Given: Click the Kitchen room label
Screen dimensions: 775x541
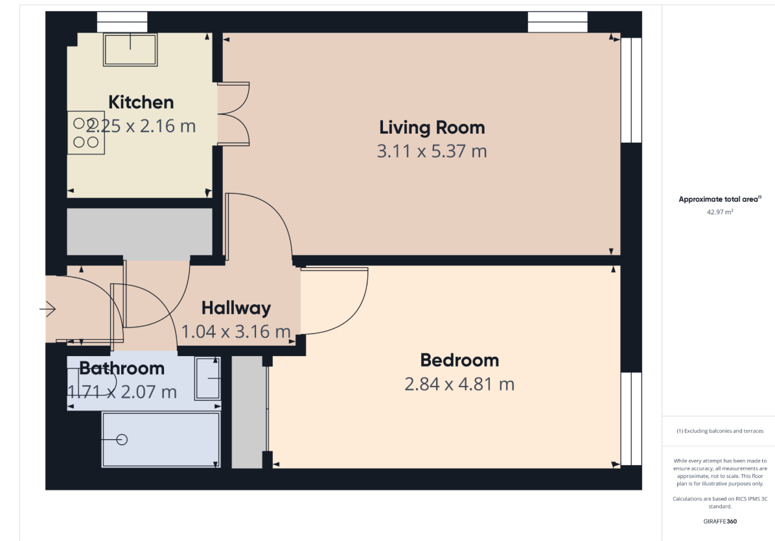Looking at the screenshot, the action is click(x=141, y=102).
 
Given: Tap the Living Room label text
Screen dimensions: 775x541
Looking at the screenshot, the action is click(x=432, y=128).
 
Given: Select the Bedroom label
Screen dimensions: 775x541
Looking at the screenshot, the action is click(x=459, y=360).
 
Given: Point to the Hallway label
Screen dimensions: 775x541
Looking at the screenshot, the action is click(x=237, y=308).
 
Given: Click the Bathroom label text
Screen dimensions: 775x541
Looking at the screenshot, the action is click(x=122, y=368).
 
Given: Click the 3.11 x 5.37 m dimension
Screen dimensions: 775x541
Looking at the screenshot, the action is click(x=432, y=151).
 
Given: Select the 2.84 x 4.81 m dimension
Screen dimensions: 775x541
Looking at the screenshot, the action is click(x=459, y=384).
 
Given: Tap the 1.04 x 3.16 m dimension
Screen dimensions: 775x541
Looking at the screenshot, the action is click(x=236, y=331).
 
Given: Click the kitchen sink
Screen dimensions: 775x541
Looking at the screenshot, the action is click(x=130, y=49).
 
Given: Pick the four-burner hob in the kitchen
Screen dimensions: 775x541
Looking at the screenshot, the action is click(x=86, y=132).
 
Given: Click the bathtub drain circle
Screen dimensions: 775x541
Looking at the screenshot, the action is click(x=122, y=440).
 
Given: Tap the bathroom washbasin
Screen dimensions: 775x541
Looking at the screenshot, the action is click(x=207, y=378).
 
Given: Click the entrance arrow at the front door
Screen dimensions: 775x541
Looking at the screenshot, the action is click(x=47, y=309).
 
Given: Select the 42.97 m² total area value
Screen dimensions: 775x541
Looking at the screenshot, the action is click(x=720, y=212).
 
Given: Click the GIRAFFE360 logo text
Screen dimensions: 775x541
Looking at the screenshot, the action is click(x=720, y=521).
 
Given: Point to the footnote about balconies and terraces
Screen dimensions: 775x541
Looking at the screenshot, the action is click(x=720, y=431).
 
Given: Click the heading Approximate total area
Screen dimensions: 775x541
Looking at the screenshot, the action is click(x=720, y=199).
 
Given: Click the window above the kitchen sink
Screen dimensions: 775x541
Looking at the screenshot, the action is click(x=122, y=22).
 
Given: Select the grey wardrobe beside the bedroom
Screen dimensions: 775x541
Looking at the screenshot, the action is click(x=247, y=412).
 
